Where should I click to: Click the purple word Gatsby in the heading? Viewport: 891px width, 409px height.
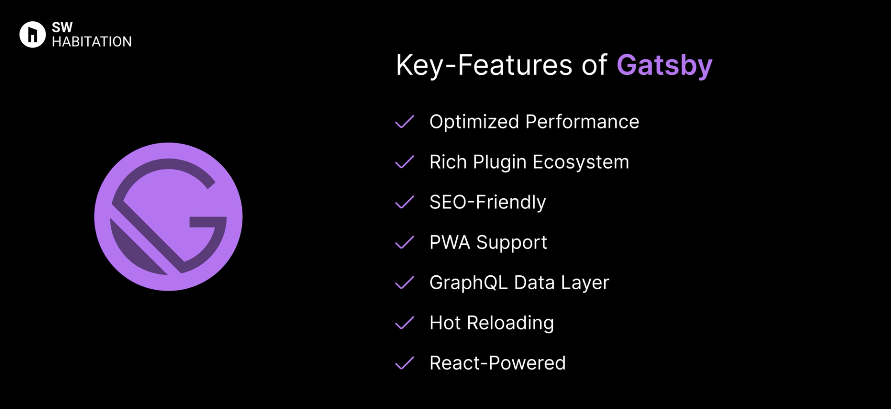click(664, 65)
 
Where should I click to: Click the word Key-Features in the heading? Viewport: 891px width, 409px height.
click(484, 65)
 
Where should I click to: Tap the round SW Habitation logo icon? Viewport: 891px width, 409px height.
click(32, 34)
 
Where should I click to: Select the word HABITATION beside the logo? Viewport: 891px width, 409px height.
click(92, 42)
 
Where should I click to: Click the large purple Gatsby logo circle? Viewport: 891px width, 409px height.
click(168, 217)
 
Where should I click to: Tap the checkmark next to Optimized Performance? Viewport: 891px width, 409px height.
click(405, 122)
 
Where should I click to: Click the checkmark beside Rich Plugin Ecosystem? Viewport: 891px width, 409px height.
click(405, 162)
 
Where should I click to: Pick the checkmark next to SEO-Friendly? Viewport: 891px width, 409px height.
click(405, 202)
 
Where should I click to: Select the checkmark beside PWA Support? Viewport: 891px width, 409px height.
click(405, 242)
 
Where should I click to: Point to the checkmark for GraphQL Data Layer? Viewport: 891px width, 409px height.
click(405, 283)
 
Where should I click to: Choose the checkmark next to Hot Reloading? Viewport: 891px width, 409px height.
click(405, 323)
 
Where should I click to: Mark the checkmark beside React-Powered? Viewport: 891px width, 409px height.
click(405, 363)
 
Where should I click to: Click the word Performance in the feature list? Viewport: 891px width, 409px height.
click(582, 122)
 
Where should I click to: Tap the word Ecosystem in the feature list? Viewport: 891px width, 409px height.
click(581, 162)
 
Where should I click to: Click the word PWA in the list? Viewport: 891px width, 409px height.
click(450, 242)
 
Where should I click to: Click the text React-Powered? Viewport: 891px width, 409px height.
click(497, 363)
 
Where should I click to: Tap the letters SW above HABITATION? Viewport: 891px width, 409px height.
click(62, 27)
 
